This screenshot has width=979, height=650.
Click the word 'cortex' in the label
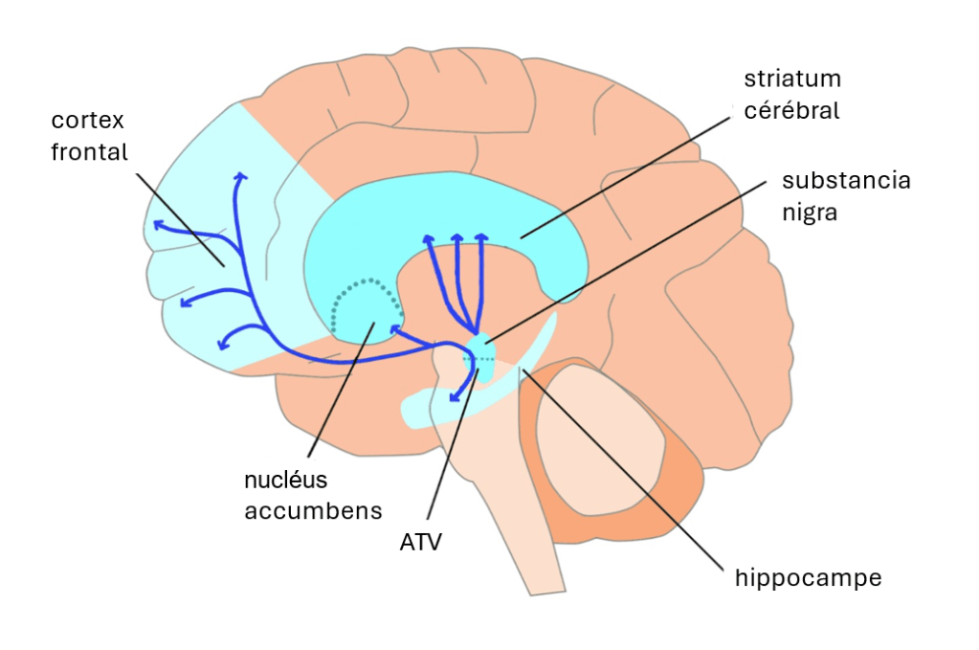click(x=88, y=122)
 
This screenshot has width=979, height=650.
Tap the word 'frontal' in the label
click(x=89, y=151)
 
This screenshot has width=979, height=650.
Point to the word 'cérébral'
click(x=791, y=110)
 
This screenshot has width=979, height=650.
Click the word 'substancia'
click(x=846, y=181)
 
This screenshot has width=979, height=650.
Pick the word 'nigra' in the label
click(x=810, y=212)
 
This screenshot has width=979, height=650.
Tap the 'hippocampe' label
click(x=808, y=578)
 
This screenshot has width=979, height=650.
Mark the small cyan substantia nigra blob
click(x=481, y=341)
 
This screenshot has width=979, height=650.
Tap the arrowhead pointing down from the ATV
click(x=455, y=396)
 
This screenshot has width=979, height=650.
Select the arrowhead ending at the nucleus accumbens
click(x=393, y=329)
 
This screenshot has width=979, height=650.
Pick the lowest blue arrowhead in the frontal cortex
click(x=225, y=343)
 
